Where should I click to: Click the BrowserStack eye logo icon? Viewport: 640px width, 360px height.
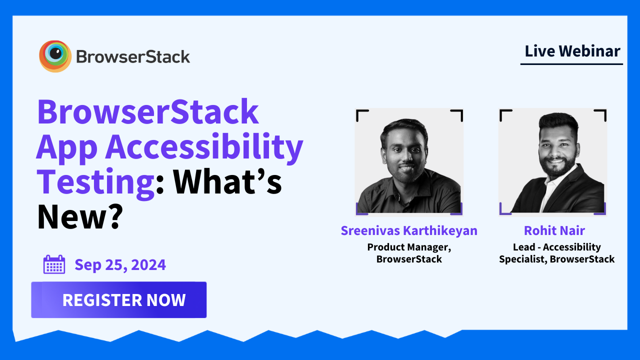tap(55, 56)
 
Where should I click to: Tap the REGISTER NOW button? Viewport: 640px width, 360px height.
tap(119, 300)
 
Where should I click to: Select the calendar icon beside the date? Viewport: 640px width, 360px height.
tap(54, 264)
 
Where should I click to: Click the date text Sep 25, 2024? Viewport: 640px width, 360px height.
tap(120, 264)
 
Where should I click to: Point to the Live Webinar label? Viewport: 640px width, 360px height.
tap(572, 51)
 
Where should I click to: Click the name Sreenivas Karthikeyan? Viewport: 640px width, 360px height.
tap(409, 230)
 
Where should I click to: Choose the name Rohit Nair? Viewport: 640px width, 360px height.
tap(554, 230)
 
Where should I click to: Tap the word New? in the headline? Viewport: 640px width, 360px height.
tap(80, 216)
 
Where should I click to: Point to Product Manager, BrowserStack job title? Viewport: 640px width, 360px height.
tap(409, 253)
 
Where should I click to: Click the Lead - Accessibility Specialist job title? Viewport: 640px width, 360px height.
tap(556, 253)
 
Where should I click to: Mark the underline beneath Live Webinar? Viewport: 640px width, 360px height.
tap(571, 64)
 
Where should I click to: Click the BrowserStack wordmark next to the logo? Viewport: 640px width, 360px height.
tap(133, 56)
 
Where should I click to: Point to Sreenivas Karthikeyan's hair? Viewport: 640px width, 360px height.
tap(404, 127)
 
